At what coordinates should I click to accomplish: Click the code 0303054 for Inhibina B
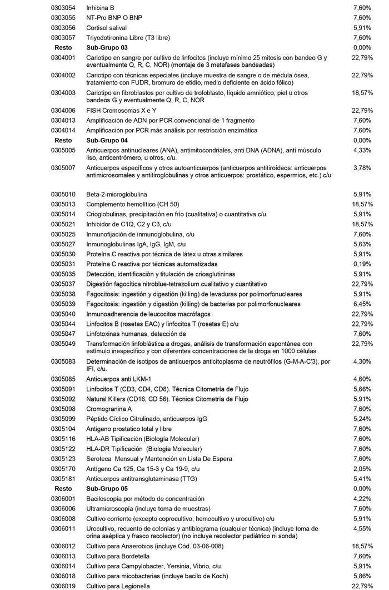[x=63, y=8]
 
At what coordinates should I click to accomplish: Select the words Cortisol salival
[x=107, y=28]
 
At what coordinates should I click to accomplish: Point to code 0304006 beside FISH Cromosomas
[x=63, y=111]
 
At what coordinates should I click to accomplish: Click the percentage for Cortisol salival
[x=362, y=28]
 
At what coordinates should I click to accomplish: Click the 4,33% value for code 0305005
[x=362, y=150]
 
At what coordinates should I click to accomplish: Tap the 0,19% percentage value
[x=362, y=264]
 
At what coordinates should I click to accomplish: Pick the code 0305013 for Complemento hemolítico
[x=63, y=204]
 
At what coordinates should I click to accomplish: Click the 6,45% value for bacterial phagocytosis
[x=362, y=304]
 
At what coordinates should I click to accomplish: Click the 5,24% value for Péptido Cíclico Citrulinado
[x=362, y=419]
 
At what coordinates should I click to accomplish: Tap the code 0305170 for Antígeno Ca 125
[x=63, y=469]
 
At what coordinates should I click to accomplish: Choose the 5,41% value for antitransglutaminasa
[x=362, y=478]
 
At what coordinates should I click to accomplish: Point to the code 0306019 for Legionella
[x=63, y=586]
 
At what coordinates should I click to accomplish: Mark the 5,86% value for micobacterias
[x=362, y=576]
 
